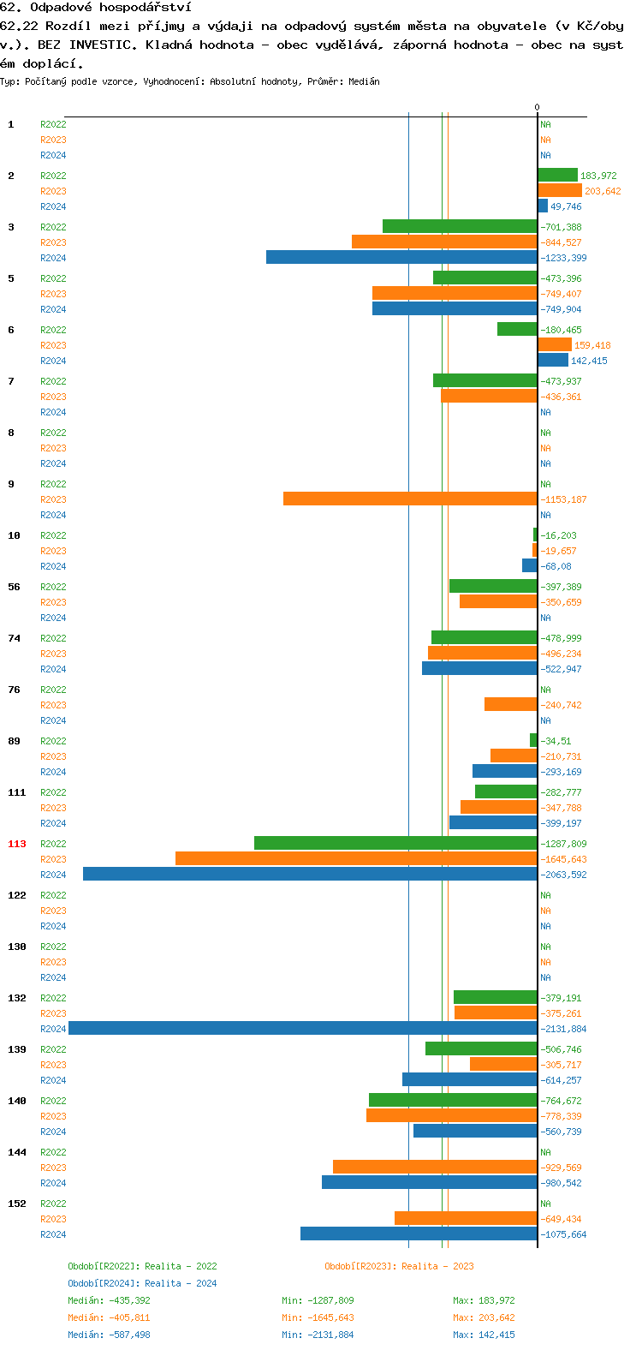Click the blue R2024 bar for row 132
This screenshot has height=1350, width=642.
pos(303,1028)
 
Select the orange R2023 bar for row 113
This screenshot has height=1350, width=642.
pos(356,858)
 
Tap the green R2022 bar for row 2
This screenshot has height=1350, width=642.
pos(557,175)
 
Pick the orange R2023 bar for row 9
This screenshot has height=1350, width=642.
pos(410,499)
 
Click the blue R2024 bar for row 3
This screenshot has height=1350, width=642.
pos(401,257)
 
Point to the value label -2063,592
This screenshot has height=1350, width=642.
pos(563,875)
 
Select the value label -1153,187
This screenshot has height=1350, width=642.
pos(563,499)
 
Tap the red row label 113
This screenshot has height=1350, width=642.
pos(17,844)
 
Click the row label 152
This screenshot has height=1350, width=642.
pos(17,1204)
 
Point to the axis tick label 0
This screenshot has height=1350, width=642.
pos(538,107)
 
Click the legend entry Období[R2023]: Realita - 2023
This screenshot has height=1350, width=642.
pos(399,1266)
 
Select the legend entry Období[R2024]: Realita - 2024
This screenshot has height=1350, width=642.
pos(142,1283)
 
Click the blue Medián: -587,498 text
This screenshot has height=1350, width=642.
pos(109,1335)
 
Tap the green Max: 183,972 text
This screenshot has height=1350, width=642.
pos(484,1300)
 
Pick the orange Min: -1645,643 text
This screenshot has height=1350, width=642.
pos(318,1317)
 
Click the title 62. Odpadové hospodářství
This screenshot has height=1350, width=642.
pos(96,7)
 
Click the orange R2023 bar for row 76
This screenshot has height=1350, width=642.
pos(511,704)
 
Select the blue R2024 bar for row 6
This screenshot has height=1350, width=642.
pos(553,360)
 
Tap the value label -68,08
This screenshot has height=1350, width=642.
pos(556,566)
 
